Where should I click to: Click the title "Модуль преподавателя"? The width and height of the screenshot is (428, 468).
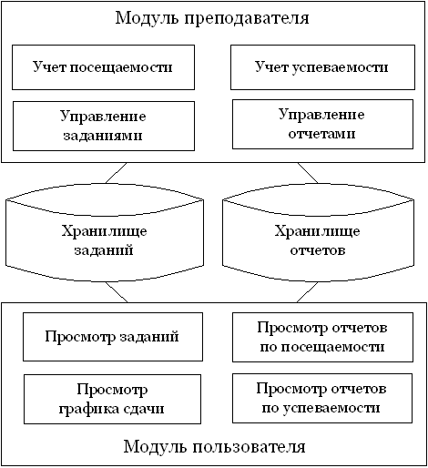coord(212,18)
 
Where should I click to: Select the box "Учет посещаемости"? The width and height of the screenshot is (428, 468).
coord(103,67)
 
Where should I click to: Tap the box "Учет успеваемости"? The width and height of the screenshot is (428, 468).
coord(322,67)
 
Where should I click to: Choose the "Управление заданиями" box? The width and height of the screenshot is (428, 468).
coord(104,126)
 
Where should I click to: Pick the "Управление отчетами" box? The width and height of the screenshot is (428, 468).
coord(322,124)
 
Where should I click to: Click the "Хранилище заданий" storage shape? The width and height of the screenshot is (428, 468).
coord(105,232)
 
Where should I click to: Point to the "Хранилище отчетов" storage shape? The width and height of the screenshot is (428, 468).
coord(318,232)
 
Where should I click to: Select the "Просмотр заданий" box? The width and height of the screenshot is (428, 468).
coord(113,337)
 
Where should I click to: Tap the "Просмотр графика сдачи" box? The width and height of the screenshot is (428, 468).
coord(112,399)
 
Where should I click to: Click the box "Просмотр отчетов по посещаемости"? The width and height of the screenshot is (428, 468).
coord(322,337)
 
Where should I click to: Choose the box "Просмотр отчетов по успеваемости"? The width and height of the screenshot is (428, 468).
coord(322,398)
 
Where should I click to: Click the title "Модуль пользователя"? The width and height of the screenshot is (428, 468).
coord(214,446)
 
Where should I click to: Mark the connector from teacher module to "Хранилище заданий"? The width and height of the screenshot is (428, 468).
coord(116,173)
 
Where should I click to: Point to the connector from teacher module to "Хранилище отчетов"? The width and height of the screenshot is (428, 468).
coord(308,173)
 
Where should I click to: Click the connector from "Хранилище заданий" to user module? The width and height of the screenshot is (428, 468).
coord(117,292)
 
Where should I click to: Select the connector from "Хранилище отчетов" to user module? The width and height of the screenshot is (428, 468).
coord(307,292)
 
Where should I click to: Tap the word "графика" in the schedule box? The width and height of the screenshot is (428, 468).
coord(86,410)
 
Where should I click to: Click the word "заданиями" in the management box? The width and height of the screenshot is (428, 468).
coord(103,136)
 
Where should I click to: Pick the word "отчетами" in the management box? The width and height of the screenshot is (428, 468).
coord(321,134)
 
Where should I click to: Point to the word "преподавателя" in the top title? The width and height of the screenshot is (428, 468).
coord(247,19)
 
